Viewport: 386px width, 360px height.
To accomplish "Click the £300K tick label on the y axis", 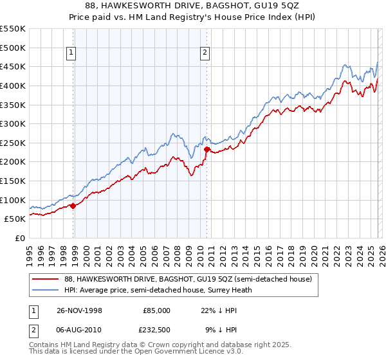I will [x=12, y=123].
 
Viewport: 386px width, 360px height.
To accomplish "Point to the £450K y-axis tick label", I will [x=12, y=66].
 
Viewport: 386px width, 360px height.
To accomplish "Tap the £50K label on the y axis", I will [x=15, y=219].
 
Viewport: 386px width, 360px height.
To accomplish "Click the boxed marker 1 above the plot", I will [x=71, y=53].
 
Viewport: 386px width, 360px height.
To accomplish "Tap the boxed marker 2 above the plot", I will [x=205, y=53].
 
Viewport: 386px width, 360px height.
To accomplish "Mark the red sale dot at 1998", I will [x=73, y=206].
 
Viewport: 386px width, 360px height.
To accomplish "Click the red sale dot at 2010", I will [x=207, y=149].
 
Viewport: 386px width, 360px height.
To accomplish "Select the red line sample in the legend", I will [x=45, y=279].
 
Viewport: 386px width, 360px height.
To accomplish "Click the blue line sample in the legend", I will [x=45, y=290].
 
